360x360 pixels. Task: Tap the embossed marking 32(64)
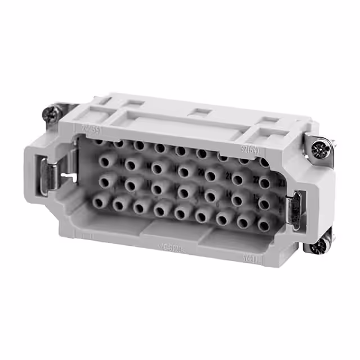(x=246, y=150)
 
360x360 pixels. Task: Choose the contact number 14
(x=229, y=195)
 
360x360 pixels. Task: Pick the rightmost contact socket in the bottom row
(x=263, y=224)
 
